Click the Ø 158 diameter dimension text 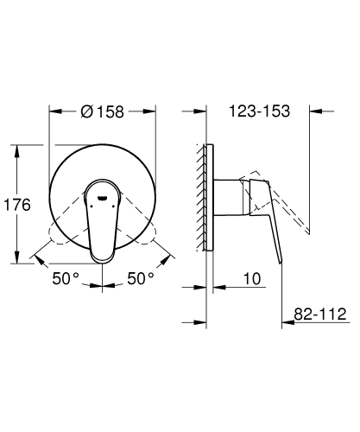(x=102, y=111)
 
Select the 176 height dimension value (x=17, y=205)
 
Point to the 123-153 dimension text (x=260, y=111)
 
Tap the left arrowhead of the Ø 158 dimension (x=53, y=111)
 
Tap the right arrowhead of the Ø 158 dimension (x=151, y=111)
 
